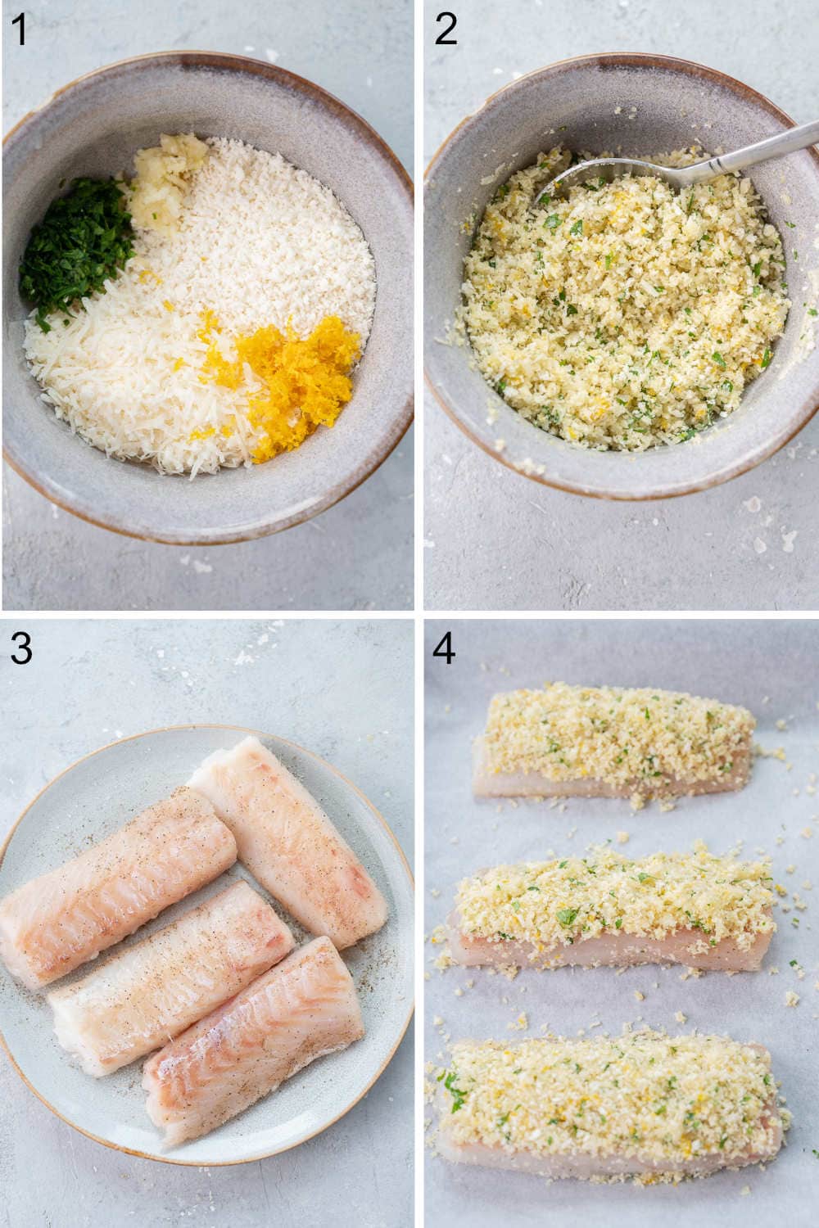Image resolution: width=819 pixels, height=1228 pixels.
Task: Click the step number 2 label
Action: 446,30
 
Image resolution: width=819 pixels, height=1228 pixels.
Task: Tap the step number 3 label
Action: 20,648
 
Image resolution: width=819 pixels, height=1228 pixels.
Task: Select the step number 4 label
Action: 445,648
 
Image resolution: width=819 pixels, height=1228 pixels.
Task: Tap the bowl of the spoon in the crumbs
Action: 573,184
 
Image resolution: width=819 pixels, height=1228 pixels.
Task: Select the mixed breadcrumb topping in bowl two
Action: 614,303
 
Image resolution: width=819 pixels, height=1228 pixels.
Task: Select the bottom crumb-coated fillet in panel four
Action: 610,1097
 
